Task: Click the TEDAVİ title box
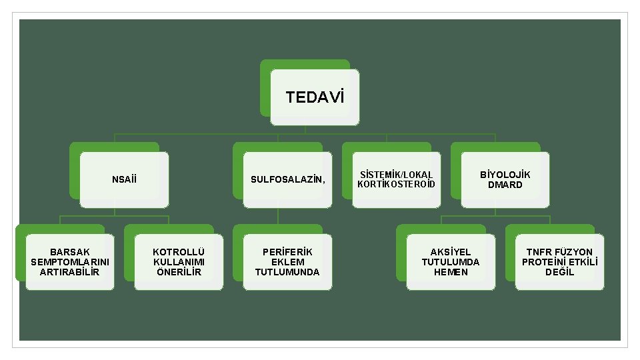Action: [x=315, y=97]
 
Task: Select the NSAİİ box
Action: [x=125, y=179]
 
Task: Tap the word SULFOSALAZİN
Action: [x=287, y=179]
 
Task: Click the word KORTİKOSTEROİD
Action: [x=396, y=184]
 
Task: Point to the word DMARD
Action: [x=505, y=185]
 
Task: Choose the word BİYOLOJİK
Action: [x=505, y=175]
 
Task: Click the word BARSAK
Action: [x=70, y=252]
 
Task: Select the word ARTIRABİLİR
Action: [x=70, y=272]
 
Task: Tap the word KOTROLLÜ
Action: [x=178, y=252]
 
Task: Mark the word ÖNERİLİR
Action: [x=178, y=272]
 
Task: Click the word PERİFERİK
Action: [x=287, y=252]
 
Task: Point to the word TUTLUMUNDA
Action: [x=287, y=272]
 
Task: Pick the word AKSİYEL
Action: [x=450, y=252]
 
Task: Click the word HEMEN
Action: [x=450, y=272]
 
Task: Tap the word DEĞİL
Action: [x=559, y=272]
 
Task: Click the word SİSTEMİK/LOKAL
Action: [x=396, y=175]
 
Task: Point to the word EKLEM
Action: [x=287, y=262]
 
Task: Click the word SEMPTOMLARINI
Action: [x=70, y=262]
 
